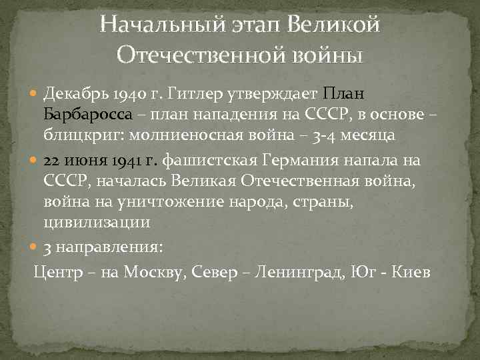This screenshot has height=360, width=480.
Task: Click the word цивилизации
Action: click(x=97, y=221)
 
